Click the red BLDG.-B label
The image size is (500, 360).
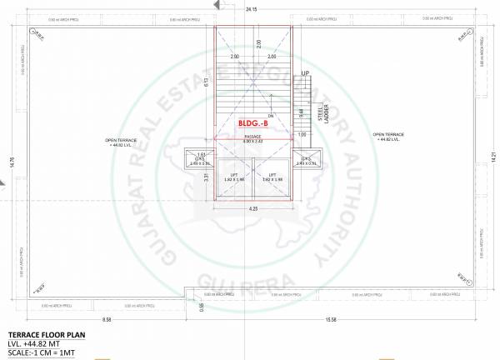click(252, 123)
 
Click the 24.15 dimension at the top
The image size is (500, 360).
click(251, 8)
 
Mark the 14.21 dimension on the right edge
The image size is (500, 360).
click(492, 155)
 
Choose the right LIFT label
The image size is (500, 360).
click(271, 174)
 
